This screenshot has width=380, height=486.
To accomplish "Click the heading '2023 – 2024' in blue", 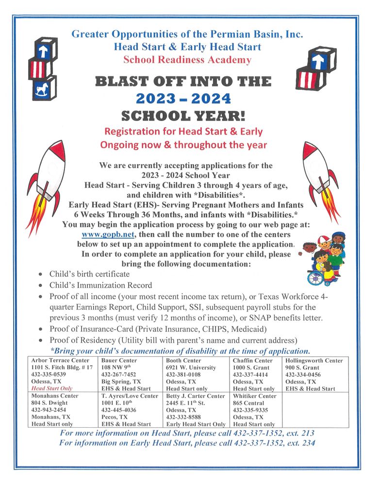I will click(183, 99).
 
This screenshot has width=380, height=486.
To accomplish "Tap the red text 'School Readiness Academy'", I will click(187, 60).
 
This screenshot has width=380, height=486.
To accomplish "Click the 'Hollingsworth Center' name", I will click(314, 361).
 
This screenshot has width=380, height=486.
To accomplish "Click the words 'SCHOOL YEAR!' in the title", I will click(183, 116).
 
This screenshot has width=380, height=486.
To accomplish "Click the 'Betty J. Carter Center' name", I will click(196, 396).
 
